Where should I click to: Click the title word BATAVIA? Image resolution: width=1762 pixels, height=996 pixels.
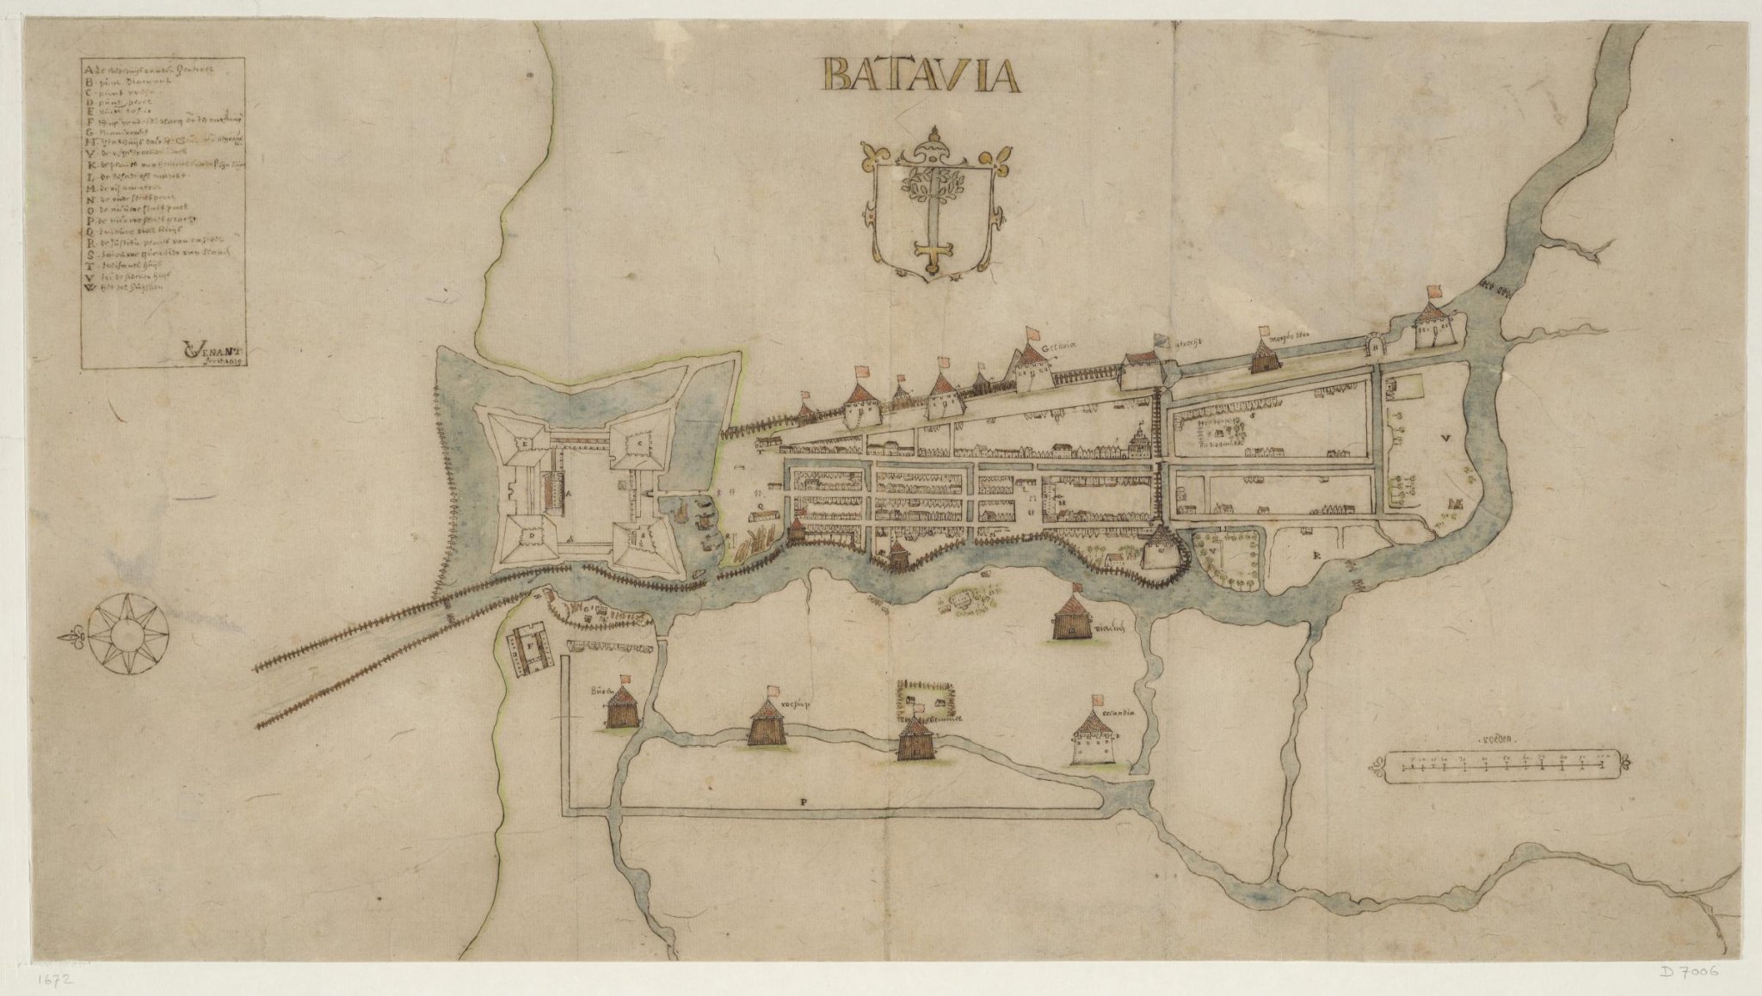coord(920,75)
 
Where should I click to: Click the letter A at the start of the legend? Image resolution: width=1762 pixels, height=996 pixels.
coord(88,68)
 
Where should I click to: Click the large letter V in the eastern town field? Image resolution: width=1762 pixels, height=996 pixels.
coord(1445,439)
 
